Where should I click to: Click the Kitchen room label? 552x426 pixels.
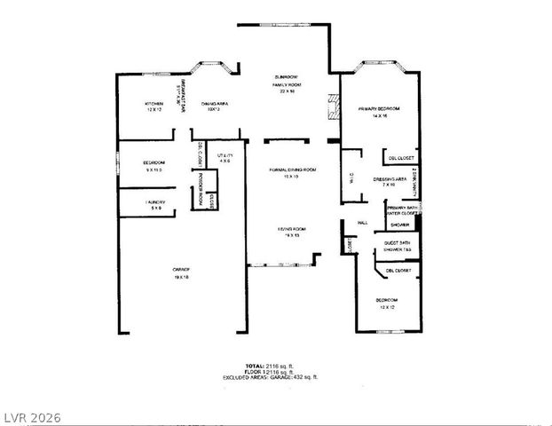pyautogui.click(x=154, y=106)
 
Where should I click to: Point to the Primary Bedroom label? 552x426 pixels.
pyautogui.click(x=380, y=112)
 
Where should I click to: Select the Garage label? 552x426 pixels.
pyautogui.click(x=181, y=273)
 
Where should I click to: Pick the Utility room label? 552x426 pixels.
pyautogui.click(x=225, y=158)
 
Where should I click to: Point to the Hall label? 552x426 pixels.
pyautogui.click(x=362, y=223)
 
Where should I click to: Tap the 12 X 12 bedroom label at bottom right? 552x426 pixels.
pyautogui.click(x=386, y=304)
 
